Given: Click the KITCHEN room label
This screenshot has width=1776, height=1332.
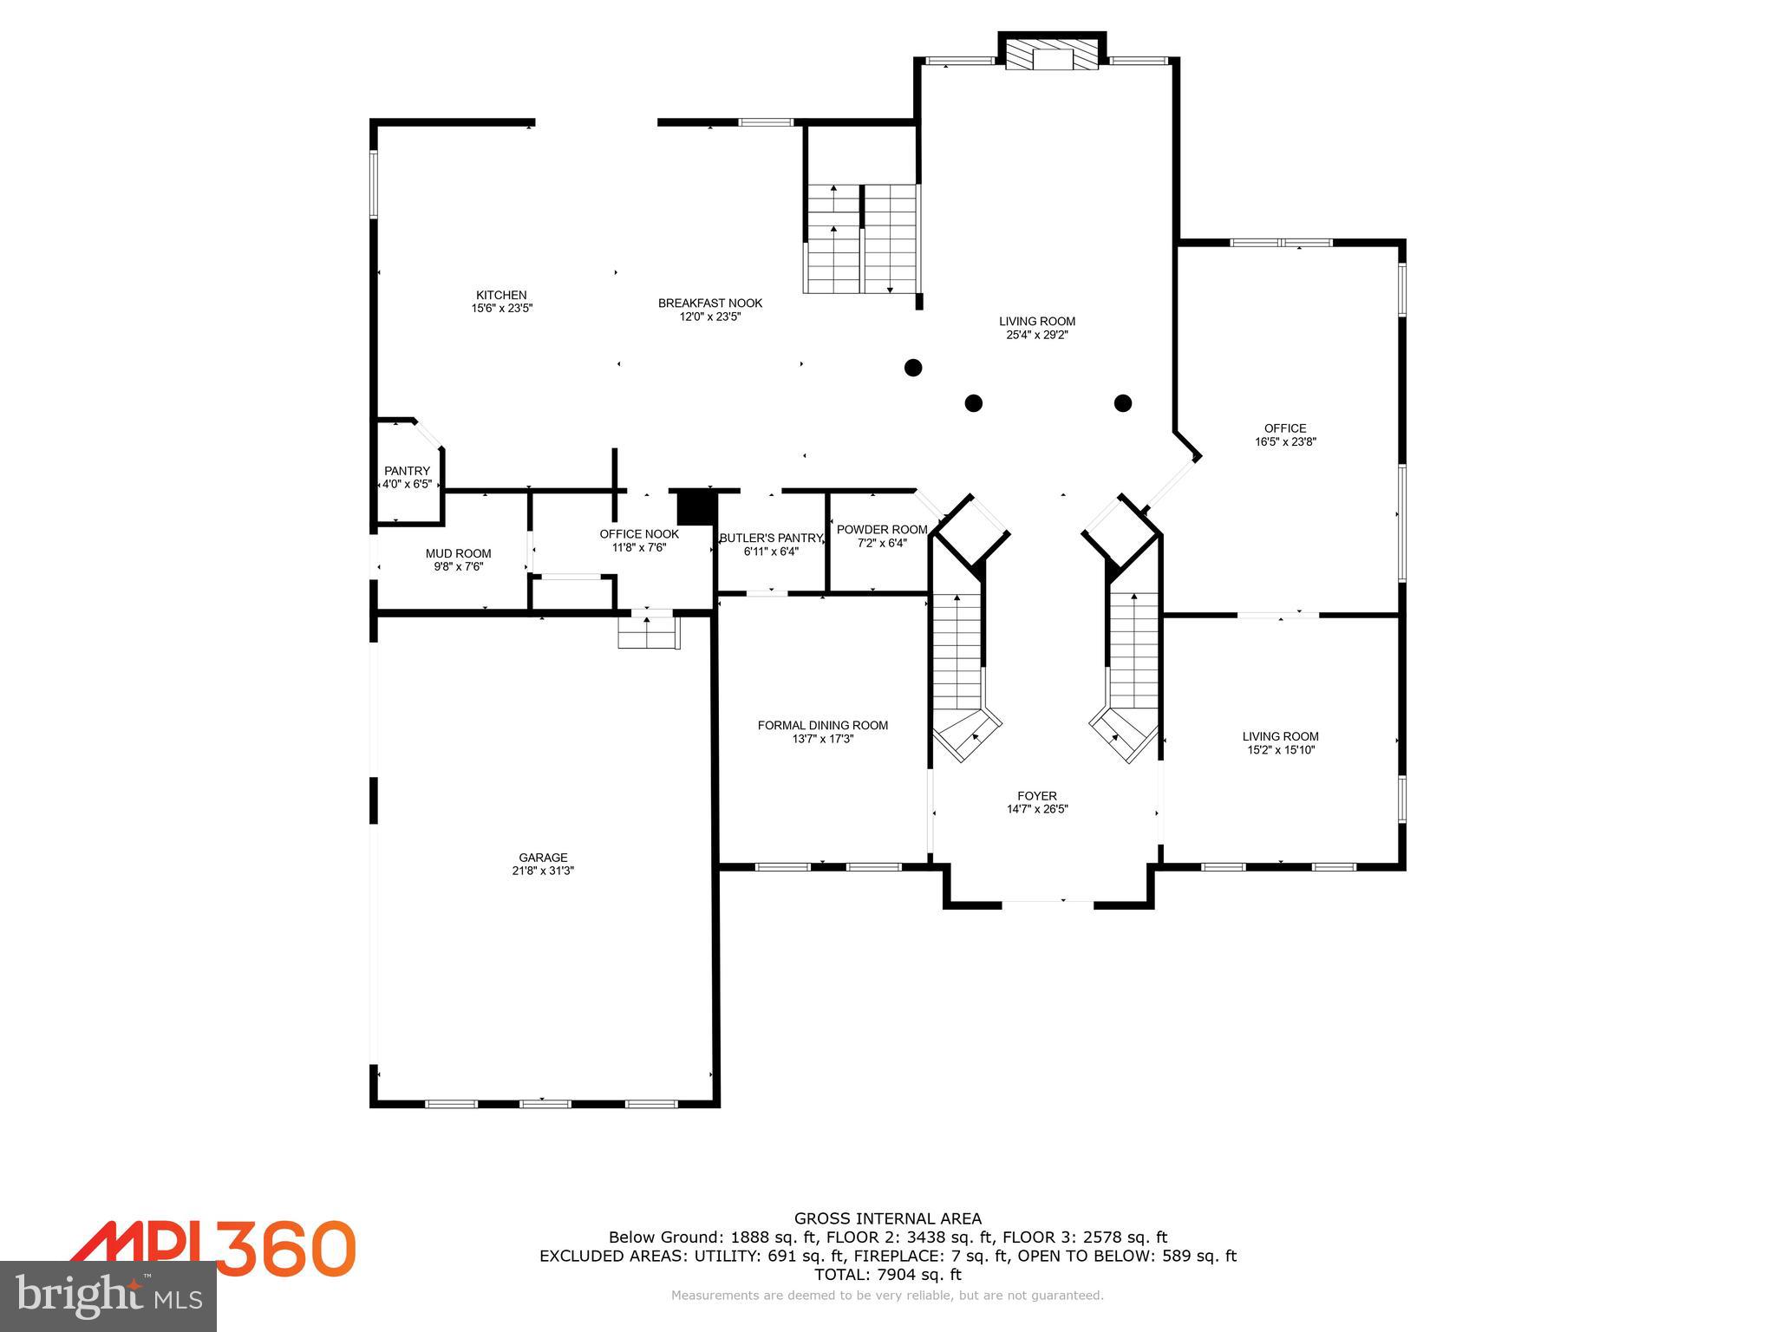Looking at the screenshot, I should (501, 295).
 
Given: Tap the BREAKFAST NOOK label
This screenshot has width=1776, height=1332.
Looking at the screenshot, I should (709, 303).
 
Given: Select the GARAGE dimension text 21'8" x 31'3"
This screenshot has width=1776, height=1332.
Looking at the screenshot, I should (543, 871).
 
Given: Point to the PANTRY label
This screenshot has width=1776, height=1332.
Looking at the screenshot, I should (407, 471).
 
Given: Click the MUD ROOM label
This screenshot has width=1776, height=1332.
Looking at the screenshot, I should (458, 553).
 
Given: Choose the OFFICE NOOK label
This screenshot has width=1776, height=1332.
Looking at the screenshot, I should (639, 534).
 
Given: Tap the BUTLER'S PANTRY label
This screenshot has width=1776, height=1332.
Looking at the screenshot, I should (770, 538).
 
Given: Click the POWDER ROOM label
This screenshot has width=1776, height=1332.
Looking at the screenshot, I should (881, 530).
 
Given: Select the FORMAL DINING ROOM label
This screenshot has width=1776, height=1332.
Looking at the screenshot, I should (822, 725).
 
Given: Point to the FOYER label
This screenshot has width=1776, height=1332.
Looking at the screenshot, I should (1037, 795).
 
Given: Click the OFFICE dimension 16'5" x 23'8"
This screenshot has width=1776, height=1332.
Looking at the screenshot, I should (1285, 441).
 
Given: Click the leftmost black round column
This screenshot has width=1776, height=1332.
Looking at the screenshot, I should (912, 368).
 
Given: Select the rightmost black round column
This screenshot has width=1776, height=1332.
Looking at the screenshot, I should (1123, 402).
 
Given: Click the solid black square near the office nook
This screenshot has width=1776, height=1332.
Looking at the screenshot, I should (693, 507).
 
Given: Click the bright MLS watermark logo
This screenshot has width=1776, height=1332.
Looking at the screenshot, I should (108, 1296).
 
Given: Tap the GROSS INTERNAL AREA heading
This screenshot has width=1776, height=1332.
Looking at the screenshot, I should (887, 1218).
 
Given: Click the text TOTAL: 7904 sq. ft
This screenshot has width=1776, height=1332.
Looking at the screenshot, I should (887, 1274).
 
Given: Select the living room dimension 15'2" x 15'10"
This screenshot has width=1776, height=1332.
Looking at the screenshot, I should (1280, 750).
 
